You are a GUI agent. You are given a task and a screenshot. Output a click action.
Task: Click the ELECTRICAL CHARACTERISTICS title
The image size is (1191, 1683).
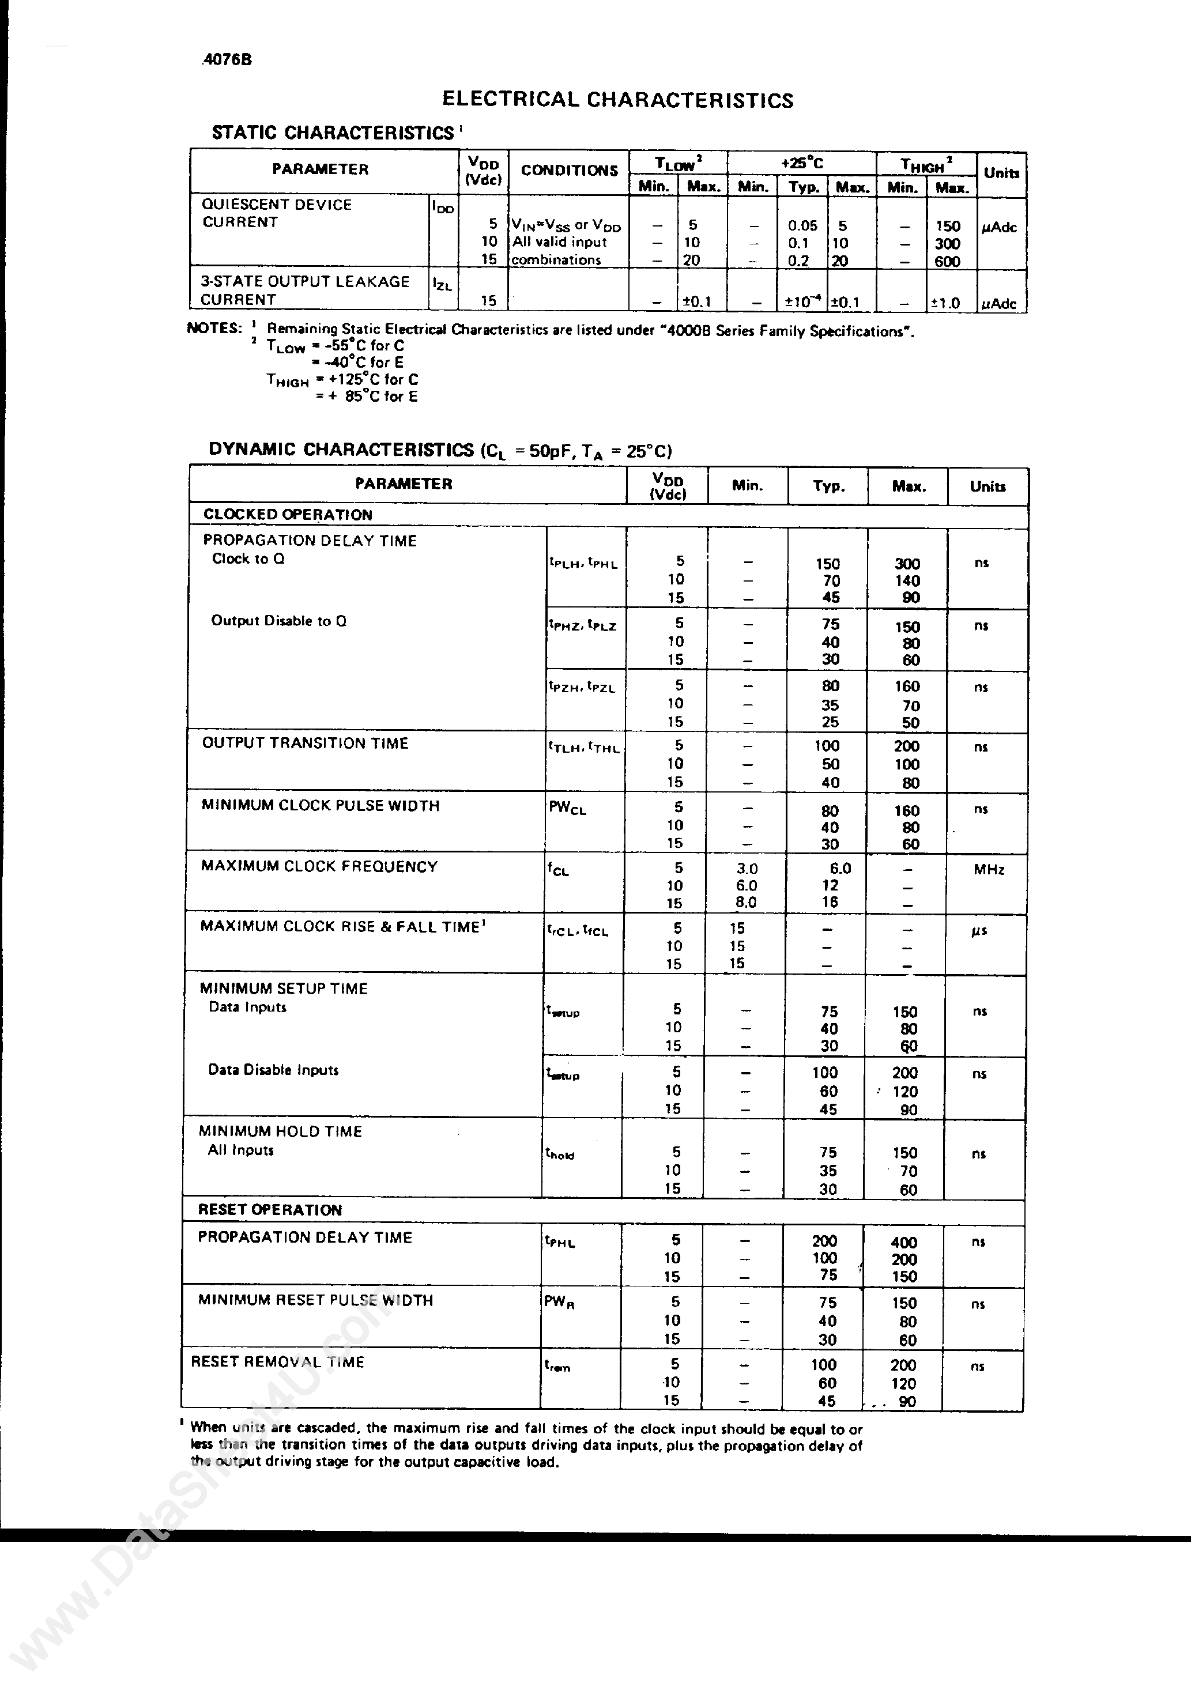[617, 100]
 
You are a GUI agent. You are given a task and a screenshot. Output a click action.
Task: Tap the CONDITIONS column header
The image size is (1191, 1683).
[569, 171]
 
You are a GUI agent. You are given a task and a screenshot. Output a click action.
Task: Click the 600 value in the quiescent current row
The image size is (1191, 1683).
[948, 261]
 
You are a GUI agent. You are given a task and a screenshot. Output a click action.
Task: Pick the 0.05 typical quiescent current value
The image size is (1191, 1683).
[802, 227]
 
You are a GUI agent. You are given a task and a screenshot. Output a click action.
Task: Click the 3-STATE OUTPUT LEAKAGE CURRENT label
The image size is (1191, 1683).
[304, 290]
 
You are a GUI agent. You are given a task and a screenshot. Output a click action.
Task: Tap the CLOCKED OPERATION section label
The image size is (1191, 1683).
[288, 515]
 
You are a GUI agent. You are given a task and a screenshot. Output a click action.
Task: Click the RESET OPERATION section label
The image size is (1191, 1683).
[270, 1209]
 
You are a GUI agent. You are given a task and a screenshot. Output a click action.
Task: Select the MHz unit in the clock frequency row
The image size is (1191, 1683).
[989, 870]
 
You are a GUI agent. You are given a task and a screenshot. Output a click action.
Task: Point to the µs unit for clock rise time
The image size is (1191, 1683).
[979, 931]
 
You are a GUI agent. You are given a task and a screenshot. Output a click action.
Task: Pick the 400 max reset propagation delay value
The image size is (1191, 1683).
[903, 1242]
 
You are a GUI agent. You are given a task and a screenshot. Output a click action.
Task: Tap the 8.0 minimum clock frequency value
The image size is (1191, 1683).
[746, 903]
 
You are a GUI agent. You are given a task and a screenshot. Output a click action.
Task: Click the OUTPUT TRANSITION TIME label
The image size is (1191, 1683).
[305, 744]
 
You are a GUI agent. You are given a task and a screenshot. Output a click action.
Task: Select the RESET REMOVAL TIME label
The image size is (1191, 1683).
[277, 1361]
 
